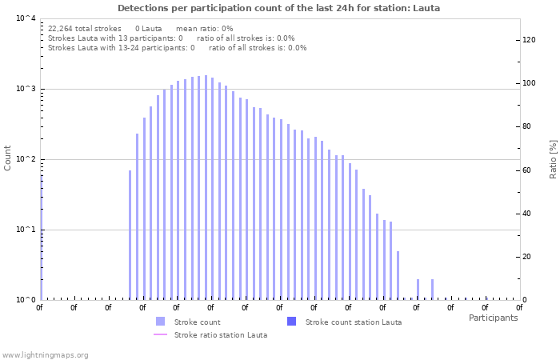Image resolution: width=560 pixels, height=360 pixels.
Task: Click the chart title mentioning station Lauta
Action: [x=279, y=8]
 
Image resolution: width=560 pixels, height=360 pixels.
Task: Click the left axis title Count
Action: [x=8, y=158]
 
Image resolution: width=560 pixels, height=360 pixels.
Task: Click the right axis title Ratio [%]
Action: [x=553, y=158]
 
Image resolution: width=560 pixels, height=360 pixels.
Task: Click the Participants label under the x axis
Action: [x=493, y=318]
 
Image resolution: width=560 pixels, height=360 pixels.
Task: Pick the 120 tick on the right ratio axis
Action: [x=528, y=40]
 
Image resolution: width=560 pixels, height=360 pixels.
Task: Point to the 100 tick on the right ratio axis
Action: [x=528, y=83]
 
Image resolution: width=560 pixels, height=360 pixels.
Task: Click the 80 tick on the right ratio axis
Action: [x=528, y=126]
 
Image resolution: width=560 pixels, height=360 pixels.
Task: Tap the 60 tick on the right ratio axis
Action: [x=528, y=170]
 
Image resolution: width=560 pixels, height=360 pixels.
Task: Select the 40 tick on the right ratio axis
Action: [x=528, y=213]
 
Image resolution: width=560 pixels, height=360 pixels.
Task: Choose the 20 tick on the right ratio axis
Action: [x=528, y=256]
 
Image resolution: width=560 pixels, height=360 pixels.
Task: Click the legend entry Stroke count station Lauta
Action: [x=353, y=322]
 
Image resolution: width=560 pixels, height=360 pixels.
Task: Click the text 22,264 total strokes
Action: [x=85, y=28]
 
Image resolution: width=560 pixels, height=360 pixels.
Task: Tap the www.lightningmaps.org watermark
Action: [x=46, y=354]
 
